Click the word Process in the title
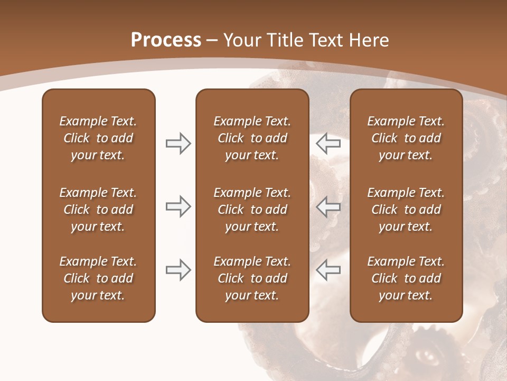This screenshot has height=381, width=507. click(166, 40)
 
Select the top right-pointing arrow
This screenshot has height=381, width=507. click(178, 143)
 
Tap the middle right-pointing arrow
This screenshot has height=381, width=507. click(178, 206)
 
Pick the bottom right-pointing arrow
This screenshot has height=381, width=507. click(178, 270)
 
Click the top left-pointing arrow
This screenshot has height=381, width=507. click(328, 143)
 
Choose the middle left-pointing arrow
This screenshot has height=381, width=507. click(328, 206)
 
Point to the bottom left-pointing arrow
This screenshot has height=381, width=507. click(328, 270)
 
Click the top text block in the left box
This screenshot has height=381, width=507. click(98, 138)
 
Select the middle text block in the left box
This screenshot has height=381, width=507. click(98, 210)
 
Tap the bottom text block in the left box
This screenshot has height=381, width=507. click(98, 278)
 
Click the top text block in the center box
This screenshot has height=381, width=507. click(252, 138)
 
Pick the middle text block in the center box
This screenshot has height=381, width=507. click(252, 210)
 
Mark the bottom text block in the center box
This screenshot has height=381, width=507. click(252, 278)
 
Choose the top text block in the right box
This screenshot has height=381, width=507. click(406, 138)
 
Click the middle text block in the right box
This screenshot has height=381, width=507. click(406, 210)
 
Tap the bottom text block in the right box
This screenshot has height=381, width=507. click(406, 278)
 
